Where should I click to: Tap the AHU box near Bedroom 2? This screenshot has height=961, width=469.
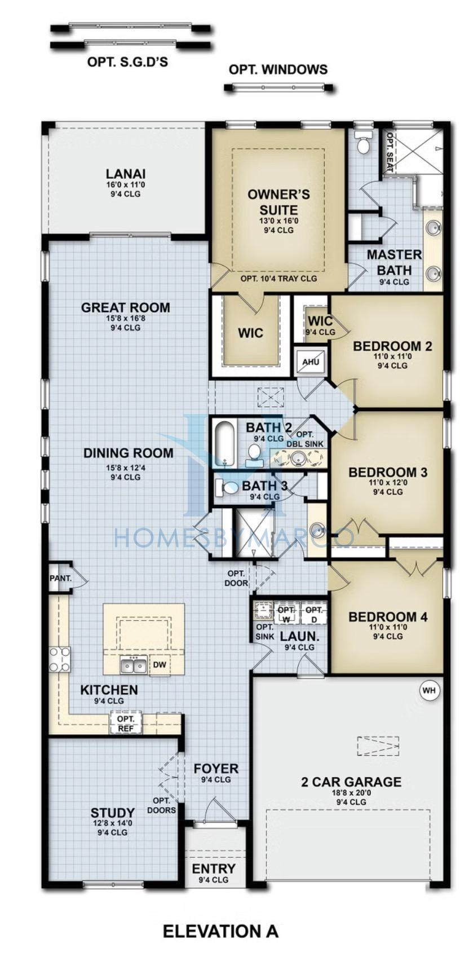click(x=311, y=362)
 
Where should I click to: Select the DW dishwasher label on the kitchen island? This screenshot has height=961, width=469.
click(x=160, y=665)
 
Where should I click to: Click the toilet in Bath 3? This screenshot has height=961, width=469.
click(x=227, y=487)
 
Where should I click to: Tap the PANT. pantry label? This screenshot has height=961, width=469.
click(x=60, y=578)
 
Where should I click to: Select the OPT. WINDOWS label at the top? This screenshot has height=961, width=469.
click(x=278, y=69)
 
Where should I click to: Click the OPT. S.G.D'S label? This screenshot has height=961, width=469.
click(x=127, y=62)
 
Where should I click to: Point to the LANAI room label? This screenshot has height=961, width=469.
click(x=126, y=174)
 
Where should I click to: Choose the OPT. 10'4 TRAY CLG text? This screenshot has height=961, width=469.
click(x=278, y=279)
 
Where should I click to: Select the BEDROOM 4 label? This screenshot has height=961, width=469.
click(x=388, y=617)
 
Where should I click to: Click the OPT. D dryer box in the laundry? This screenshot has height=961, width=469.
click(x=314, y=614)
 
